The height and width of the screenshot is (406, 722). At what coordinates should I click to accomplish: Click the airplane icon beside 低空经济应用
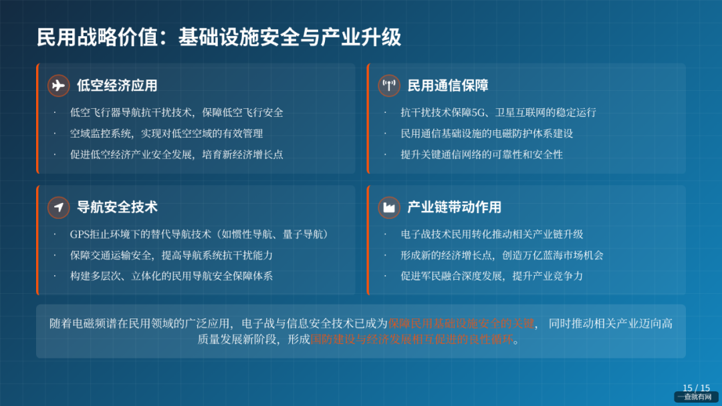pyautogui.click(x=59, y=85)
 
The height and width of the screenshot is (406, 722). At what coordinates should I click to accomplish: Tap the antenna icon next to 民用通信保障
pyautogui.click(x=389, y=85)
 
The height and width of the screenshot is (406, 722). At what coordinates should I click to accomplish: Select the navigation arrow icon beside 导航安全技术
pyautogui.click(x=59, y=207)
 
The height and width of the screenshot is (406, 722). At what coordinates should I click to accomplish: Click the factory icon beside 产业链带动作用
pyautogui.click(x=389, y=207)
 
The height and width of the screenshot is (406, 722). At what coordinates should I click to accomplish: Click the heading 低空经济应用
pyautogui.click(x=117, y=85)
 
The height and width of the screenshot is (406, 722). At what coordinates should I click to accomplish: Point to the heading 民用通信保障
pyautogui.click(x=448, y=85)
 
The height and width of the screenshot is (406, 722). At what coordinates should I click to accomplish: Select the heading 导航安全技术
pyautogui.click(x=117, y=207)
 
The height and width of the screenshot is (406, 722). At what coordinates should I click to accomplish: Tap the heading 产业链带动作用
pyautogui.click(x=455, y=207)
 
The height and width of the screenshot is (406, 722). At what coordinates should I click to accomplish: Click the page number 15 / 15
pyautogui.click(x=696, y=388)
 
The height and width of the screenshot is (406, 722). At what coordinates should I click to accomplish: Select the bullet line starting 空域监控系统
pyautogui.click(x=166, y=134)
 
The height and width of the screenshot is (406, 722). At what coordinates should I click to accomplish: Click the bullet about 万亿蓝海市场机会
pyautogui.click(x=501, y=255)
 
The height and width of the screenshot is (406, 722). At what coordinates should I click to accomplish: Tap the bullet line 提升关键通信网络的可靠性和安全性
pyautogui.click(x=481, y=154)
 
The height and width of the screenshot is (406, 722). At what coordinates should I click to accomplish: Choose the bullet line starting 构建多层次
pyautogui.click(x=171, y=276)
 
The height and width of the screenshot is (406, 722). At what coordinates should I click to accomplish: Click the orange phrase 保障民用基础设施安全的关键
pyautogui.click(x=461, y=324)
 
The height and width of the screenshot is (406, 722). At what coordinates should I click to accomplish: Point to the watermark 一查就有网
pyautogui.click(x=695, y=397)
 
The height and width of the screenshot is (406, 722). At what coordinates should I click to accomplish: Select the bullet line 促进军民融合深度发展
pyautogui.click(x=491, y=276)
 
